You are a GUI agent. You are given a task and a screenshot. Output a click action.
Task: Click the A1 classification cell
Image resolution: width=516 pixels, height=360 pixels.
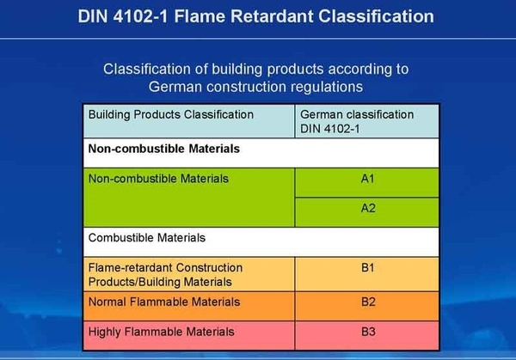coord(367,182)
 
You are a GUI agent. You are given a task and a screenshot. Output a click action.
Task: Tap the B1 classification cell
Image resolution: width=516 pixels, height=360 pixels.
coord(367,268)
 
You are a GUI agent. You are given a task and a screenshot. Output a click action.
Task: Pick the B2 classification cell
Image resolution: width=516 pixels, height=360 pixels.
coord(367,302)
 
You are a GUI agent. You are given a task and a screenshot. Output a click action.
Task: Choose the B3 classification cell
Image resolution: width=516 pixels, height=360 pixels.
coord(367,331)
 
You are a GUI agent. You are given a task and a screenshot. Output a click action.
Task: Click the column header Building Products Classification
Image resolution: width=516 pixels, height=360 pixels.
coord(171,114)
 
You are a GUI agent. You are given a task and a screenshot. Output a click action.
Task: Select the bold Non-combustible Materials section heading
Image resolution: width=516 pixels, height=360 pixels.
coord(163,148)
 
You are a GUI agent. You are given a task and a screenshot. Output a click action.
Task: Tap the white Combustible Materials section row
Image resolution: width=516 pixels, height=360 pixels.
coord(147,237)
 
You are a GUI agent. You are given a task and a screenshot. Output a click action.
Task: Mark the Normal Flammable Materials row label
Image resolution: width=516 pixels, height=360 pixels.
coord(164,302)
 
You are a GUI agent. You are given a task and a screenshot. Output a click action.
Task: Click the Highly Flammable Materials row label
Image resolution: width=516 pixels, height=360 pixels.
coord(161,331)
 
